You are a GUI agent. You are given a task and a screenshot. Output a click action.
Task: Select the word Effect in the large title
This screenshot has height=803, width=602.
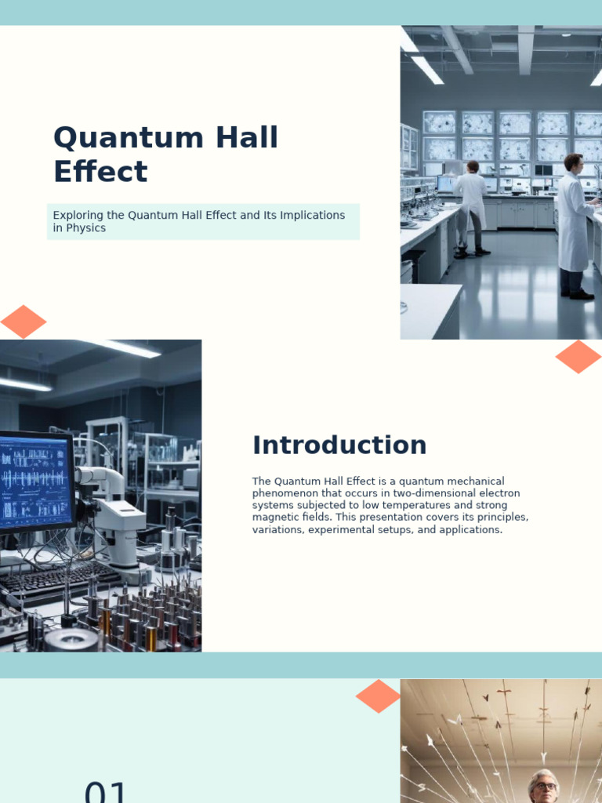(x=100, y=172)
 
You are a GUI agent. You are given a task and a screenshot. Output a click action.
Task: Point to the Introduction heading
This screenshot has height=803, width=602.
(x=339, y=445)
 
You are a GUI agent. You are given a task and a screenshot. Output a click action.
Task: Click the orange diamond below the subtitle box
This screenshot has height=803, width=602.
(x=24, y=322)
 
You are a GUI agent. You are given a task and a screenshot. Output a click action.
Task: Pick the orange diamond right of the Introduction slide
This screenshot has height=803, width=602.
(x=578, y=357)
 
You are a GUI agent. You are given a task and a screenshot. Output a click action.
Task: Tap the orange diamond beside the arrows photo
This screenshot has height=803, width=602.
(x=378, y=696)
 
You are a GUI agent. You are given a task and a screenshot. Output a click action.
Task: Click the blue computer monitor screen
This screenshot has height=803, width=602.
(x=34, y=480)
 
